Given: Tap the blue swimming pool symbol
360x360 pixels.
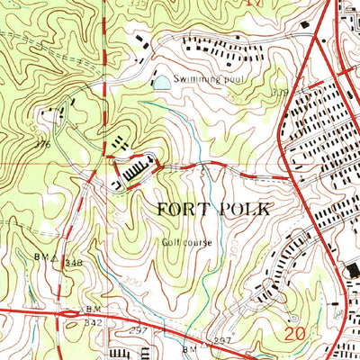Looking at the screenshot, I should [x=160, y=83].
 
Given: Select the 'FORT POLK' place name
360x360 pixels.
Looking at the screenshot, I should [x=212, y=209].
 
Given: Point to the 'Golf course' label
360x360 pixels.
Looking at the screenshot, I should [x=181, y=241].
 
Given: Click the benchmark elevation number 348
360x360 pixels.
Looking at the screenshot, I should [x=74, y=263].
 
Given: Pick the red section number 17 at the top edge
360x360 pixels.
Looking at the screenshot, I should [x=257, y=4].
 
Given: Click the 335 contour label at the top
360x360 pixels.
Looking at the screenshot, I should [x=135, y=4].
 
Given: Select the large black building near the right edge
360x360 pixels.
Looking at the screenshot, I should [x=352, y=270].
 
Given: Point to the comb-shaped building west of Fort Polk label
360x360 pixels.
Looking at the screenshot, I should [x=136, y=167].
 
